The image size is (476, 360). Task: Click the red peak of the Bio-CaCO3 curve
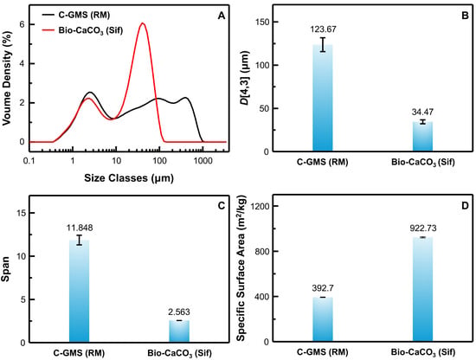click(143, 23)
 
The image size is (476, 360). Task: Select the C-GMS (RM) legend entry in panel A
click(75, 15)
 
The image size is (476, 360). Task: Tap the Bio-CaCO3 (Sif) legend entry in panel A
click(82, 30)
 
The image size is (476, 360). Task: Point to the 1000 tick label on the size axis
click(203, 161)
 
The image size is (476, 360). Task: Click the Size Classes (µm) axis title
click(129, 178)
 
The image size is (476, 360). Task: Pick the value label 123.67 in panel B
click(323, 29)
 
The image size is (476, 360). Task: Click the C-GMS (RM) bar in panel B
click(323, 98)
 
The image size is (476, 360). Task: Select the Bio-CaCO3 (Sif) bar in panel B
click(422, 136)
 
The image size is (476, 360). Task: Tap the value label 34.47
click(422, 112)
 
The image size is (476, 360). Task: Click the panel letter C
click(222, 206)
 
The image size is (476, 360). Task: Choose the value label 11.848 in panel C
click(80, 228)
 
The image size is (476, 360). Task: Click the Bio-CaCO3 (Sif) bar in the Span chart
click(179, 331)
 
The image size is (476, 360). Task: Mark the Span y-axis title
click(6, 269)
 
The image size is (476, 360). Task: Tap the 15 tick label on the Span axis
click(22, 213)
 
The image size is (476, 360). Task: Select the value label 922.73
click(423, 228)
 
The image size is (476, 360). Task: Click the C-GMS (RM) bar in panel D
click(323, 319)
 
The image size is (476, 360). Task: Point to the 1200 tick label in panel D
click(261, 206)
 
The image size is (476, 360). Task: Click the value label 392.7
click(323, 288)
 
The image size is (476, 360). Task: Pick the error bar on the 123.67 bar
click(323, 45)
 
